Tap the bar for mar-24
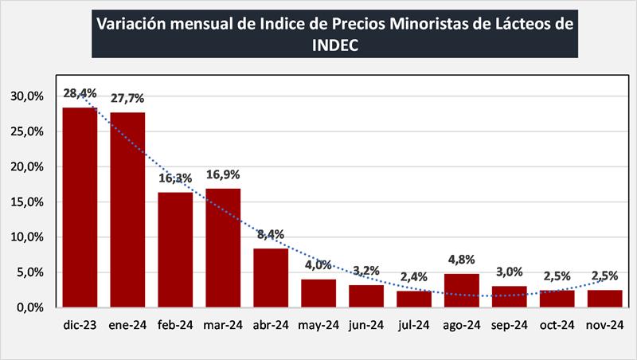click(223, 248)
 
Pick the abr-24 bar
click(271, 277)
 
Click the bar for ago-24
click(462, 290)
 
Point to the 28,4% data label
click(80, 94)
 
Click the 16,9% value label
click(223, 174)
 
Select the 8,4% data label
click(271, 234)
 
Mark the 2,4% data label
click(414, 277)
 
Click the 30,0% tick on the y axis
click(27, 96)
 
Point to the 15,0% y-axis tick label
click(27, 202)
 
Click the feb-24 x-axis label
click(175, 325)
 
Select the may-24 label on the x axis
click(318, 325)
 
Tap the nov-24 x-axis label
click(605, 325)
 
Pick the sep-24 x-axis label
click(510, 325)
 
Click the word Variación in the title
click(131, 23)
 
